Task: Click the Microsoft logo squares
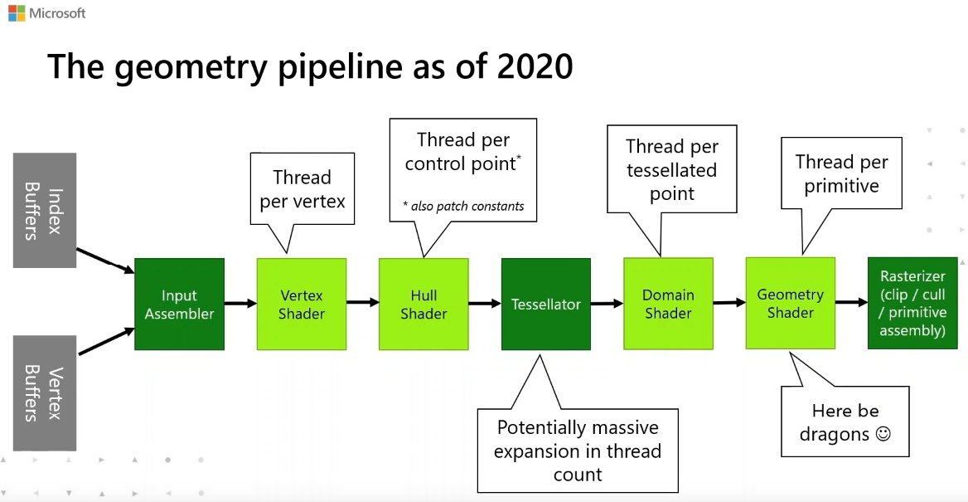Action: pos(16,13)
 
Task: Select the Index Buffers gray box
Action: pos(45,210)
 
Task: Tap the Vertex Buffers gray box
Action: pos(45,393)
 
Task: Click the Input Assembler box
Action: pos(179,305)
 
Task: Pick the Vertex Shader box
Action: pos(302,305)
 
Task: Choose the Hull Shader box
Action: pos(423,305)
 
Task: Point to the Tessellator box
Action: pos(545,305)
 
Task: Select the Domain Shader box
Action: pos(668,304)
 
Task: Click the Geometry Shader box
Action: pos(790,304)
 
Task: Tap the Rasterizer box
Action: pos(912,303)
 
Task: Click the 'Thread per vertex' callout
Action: pos(302,188)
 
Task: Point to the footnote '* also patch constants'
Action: pos(463,206)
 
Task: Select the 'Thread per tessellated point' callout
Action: pos(671,170)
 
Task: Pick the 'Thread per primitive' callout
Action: pos(841,173)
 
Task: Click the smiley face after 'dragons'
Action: pos(883,434)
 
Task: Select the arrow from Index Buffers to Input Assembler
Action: pos(105,261)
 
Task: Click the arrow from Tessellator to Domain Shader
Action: pos(607,304)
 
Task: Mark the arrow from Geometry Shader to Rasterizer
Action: pos(851,302)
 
